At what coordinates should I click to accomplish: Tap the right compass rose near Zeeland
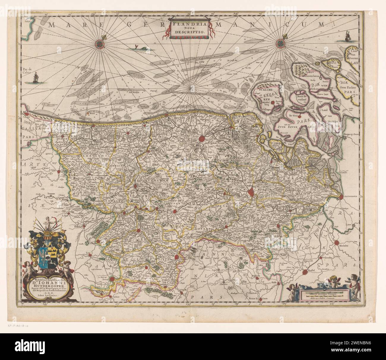point(280,43)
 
